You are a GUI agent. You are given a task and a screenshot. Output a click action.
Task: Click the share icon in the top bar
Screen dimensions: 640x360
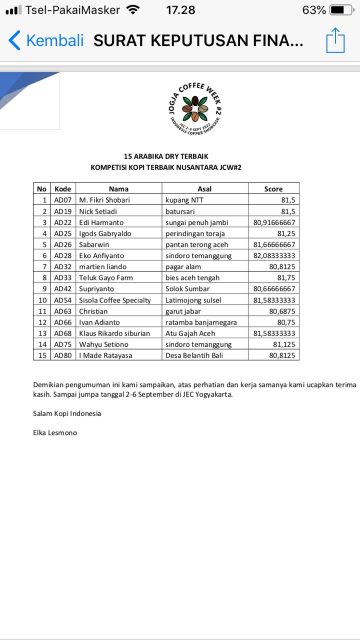[335, 40]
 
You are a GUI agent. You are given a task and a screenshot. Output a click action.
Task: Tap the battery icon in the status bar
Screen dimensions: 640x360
[341, 10]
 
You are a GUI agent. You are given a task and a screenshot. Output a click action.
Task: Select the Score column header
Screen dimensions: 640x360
[273, 188]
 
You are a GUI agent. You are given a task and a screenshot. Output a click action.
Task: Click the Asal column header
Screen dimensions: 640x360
[204, 188]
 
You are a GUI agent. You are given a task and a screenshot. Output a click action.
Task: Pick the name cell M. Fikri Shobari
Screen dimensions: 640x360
[104, 200]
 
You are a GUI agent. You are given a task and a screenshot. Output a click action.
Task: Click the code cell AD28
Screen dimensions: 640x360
[63, 255]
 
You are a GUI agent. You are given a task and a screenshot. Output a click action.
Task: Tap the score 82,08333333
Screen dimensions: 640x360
[274, 255]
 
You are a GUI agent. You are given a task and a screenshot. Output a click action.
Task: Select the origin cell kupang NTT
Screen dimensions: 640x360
[184, 200]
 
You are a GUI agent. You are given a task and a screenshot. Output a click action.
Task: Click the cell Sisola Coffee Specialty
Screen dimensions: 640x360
[115, 300]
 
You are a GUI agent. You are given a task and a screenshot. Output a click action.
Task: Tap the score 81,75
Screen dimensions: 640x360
[285, 277]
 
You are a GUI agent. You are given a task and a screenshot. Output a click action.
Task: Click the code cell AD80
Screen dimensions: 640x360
[63, 355]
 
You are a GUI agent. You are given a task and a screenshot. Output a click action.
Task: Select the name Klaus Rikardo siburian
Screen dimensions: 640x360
[114, 333]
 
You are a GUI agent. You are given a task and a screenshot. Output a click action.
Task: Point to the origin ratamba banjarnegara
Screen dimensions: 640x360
[201, 322]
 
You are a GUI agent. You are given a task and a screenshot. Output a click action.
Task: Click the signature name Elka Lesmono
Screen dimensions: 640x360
[55, 432]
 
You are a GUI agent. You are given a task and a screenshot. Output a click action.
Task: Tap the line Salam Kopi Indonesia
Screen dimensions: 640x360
[67, 413]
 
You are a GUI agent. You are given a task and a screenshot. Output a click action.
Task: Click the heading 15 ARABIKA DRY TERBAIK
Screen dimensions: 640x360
[166, 156]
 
